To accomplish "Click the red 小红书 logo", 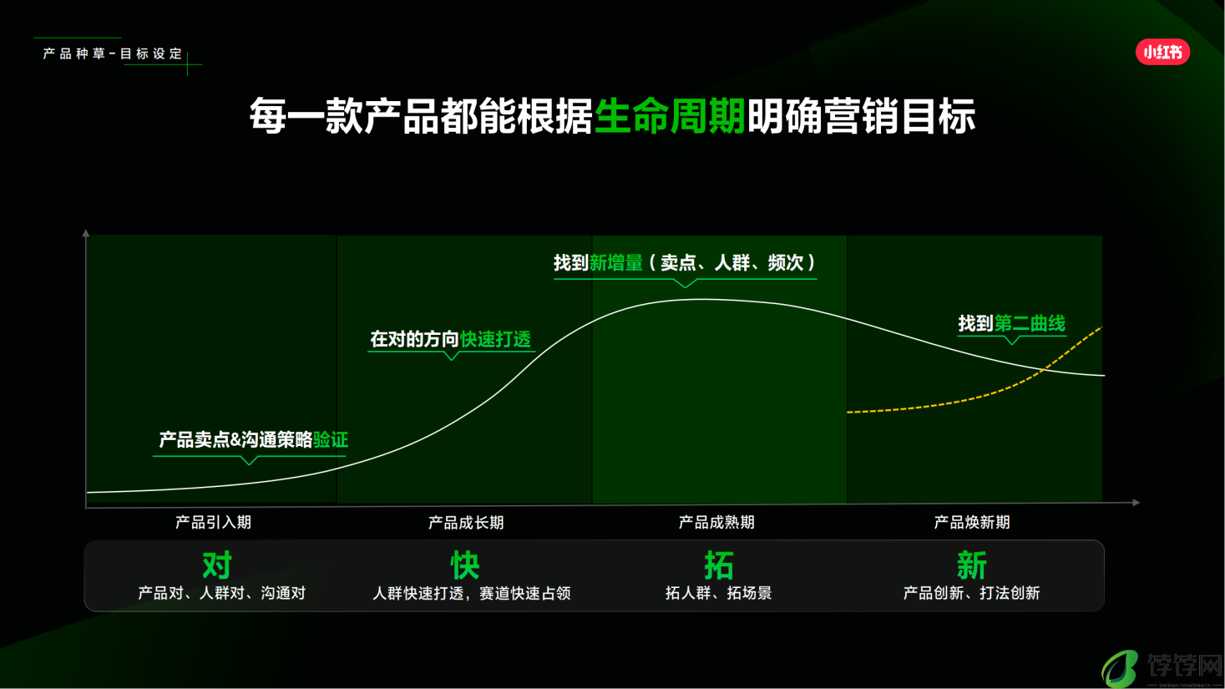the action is click(1162, 52).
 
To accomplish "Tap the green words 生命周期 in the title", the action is click(670, 116).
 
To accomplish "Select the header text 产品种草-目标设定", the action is click(113, 53).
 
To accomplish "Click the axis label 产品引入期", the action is click(213, 522).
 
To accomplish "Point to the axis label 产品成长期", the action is click(466, 522).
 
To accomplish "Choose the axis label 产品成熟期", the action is click(716, 522).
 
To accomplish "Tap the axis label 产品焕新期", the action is click(972, 522).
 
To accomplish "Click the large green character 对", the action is click(217, 565).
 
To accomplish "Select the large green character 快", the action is click(465, 565).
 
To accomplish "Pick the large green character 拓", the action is click(719, 565).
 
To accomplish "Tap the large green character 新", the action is click(972, 565).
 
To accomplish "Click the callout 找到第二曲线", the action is click(1012, 323).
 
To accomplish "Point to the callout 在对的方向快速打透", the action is click(451, 339).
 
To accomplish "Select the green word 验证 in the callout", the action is click(331, 439).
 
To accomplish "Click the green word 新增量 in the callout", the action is click(616, 263).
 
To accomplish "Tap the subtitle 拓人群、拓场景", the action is click(719, 593).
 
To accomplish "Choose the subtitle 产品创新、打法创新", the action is click(972, 593).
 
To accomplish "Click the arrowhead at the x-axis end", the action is click(1136, 503).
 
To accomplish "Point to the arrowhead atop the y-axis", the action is click(86, 233).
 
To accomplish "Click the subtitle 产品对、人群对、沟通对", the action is click(221, 593).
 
